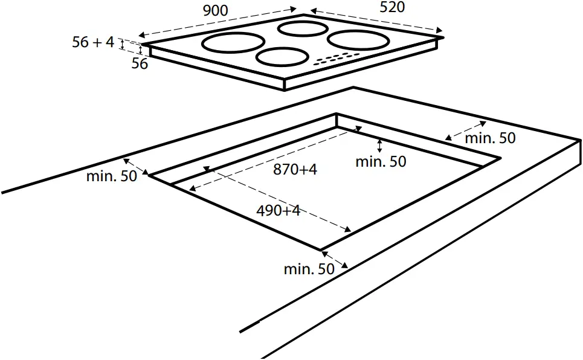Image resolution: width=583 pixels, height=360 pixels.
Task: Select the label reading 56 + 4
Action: (93, 42)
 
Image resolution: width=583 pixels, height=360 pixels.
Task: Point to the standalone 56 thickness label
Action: (140, 63)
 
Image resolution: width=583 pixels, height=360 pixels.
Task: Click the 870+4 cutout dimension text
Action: (295, 170)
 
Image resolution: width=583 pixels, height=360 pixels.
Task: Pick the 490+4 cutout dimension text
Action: (279, 211)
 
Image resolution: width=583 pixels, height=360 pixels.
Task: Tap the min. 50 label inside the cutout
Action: (381, 162)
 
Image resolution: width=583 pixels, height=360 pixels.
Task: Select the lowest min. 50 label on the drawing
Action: (309, 269)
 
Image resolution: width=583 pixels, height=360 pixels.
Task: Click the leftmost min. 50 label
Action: (112, 176)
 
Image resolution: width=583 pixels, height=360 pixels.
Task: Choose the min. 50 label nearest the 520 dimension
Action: (491, 138)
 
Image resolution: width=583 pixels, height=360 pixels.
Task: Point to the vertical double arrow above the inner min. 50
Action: (379, 145)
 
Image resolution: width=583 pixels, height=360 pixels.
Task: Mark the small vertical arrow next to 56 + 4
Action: (123, 43)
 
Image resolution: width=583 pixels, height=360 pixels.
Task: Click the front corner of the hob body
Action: (285, 85)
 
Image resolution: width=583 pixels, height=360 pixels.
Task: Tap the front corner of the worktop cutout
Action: (320, 248)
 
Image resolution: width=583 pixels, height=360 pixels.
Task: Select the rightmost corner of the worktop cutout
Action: (500, 158)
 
